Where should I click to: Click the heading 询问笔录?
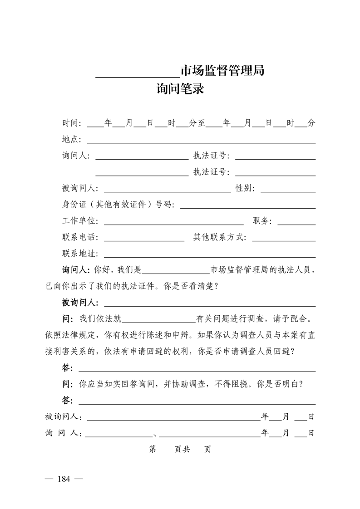click(x=180, y=88)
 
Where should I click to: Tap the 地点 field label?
click(x=71, y=139)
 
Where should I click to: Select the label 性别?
click(x=245, y=188)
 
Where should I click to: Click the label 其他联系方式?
click(x=220, y=237)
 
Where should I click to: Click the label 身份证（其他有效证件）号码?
click(x=118, y=205)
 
